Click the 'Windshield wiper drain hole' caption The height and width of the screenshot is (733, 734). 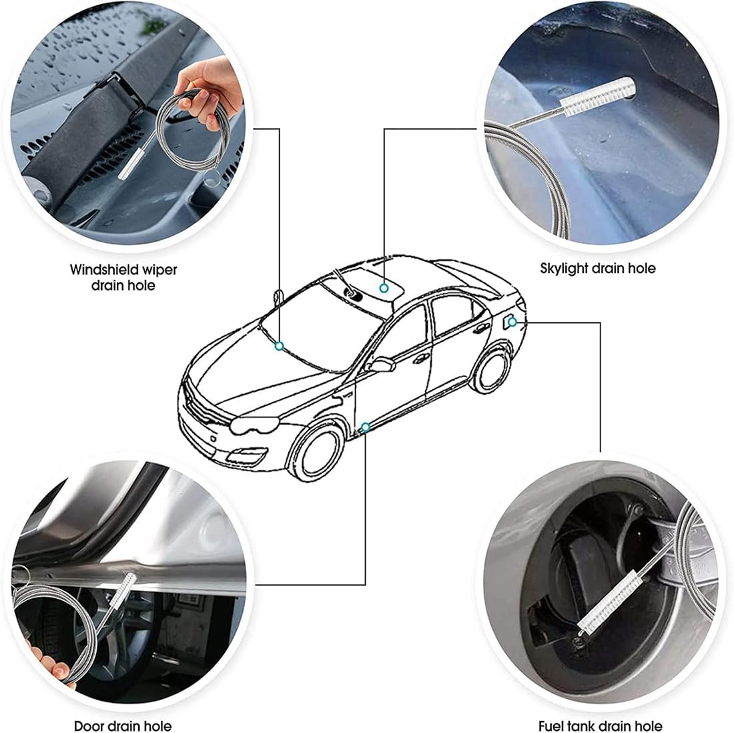(x=123, y=277)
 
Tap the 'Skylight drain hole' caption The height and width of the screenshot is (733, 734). (x=597, y=268)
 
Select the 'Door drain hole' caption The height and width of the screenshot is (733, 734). (x=122, y=726)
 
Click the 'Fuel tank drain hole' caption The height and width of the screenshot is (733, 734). (x=600, y=726)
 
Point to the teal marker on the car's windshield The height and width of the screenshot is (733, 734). (x=280, y=346)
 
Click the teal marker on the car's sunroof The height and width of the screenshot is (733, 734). (x=384, y=288)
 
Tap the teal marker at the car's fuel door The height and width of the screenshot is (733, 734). (x=512, y=322)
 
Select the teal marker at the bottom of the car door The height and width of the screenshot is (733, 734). (x=364, y=426)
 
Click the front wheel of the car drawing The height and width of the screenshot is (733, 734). (x=318, y=453)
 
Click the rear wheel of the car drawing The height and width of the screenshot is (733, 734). (x=495, y=373)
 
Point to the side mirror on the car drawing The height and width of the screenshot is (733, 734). (x=381, y=365)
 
